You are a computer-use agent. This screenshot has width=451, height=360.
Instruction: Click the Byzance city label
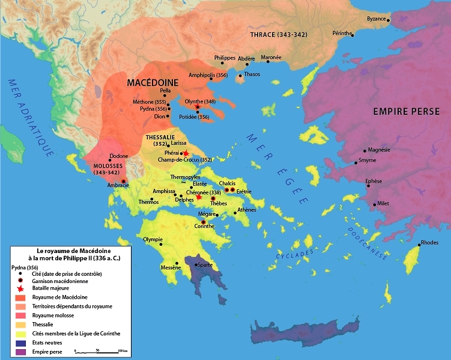(x=376, y=19)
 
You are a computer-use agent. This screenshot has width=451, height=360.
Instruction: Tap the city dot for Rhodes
(x=419, y=245)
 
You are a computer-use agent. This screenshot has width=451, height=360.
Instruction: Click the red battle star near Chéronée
(x=199, y=197)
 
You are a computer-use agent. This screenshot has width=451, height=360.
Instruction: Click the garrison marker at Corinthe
(x=203, y=222)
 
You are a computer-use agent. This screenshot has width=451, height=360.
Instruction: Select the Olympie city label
(x=153, y=239)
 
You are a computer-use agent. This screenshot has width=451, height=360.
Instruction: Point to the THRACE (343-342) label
(x=278, y=34)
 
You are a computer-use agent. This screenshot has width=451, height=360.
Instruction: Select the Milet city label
(x=383, y=203)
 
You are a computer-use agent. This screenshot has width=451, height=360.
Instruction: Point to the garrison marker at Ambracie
(x=124, y=181)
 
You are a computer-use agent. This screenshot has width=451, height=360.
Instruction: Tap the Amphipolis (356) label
(x=208, y=76)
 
